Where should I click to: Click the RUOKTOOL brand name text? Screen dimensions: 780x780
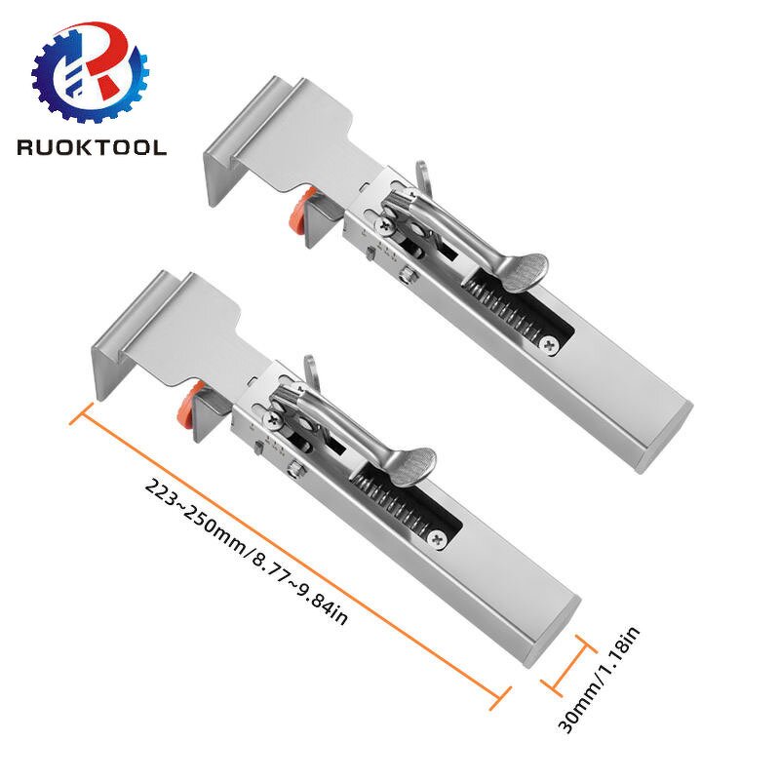[x=92, y=147]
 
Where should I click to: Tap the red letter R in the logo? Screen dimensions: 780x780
[x=109, y=60]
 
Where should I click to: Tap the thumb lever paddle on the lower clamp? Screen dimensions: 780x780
[x=414, y=462]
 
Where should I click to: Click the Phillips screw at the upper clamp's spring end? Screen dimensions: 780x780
[x=553, y=344]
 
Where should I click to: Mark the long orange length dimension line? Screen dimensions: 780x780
[x=292, y=550]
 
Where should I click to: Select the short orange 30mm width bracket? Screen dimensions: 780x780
[x=566, y=668]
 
